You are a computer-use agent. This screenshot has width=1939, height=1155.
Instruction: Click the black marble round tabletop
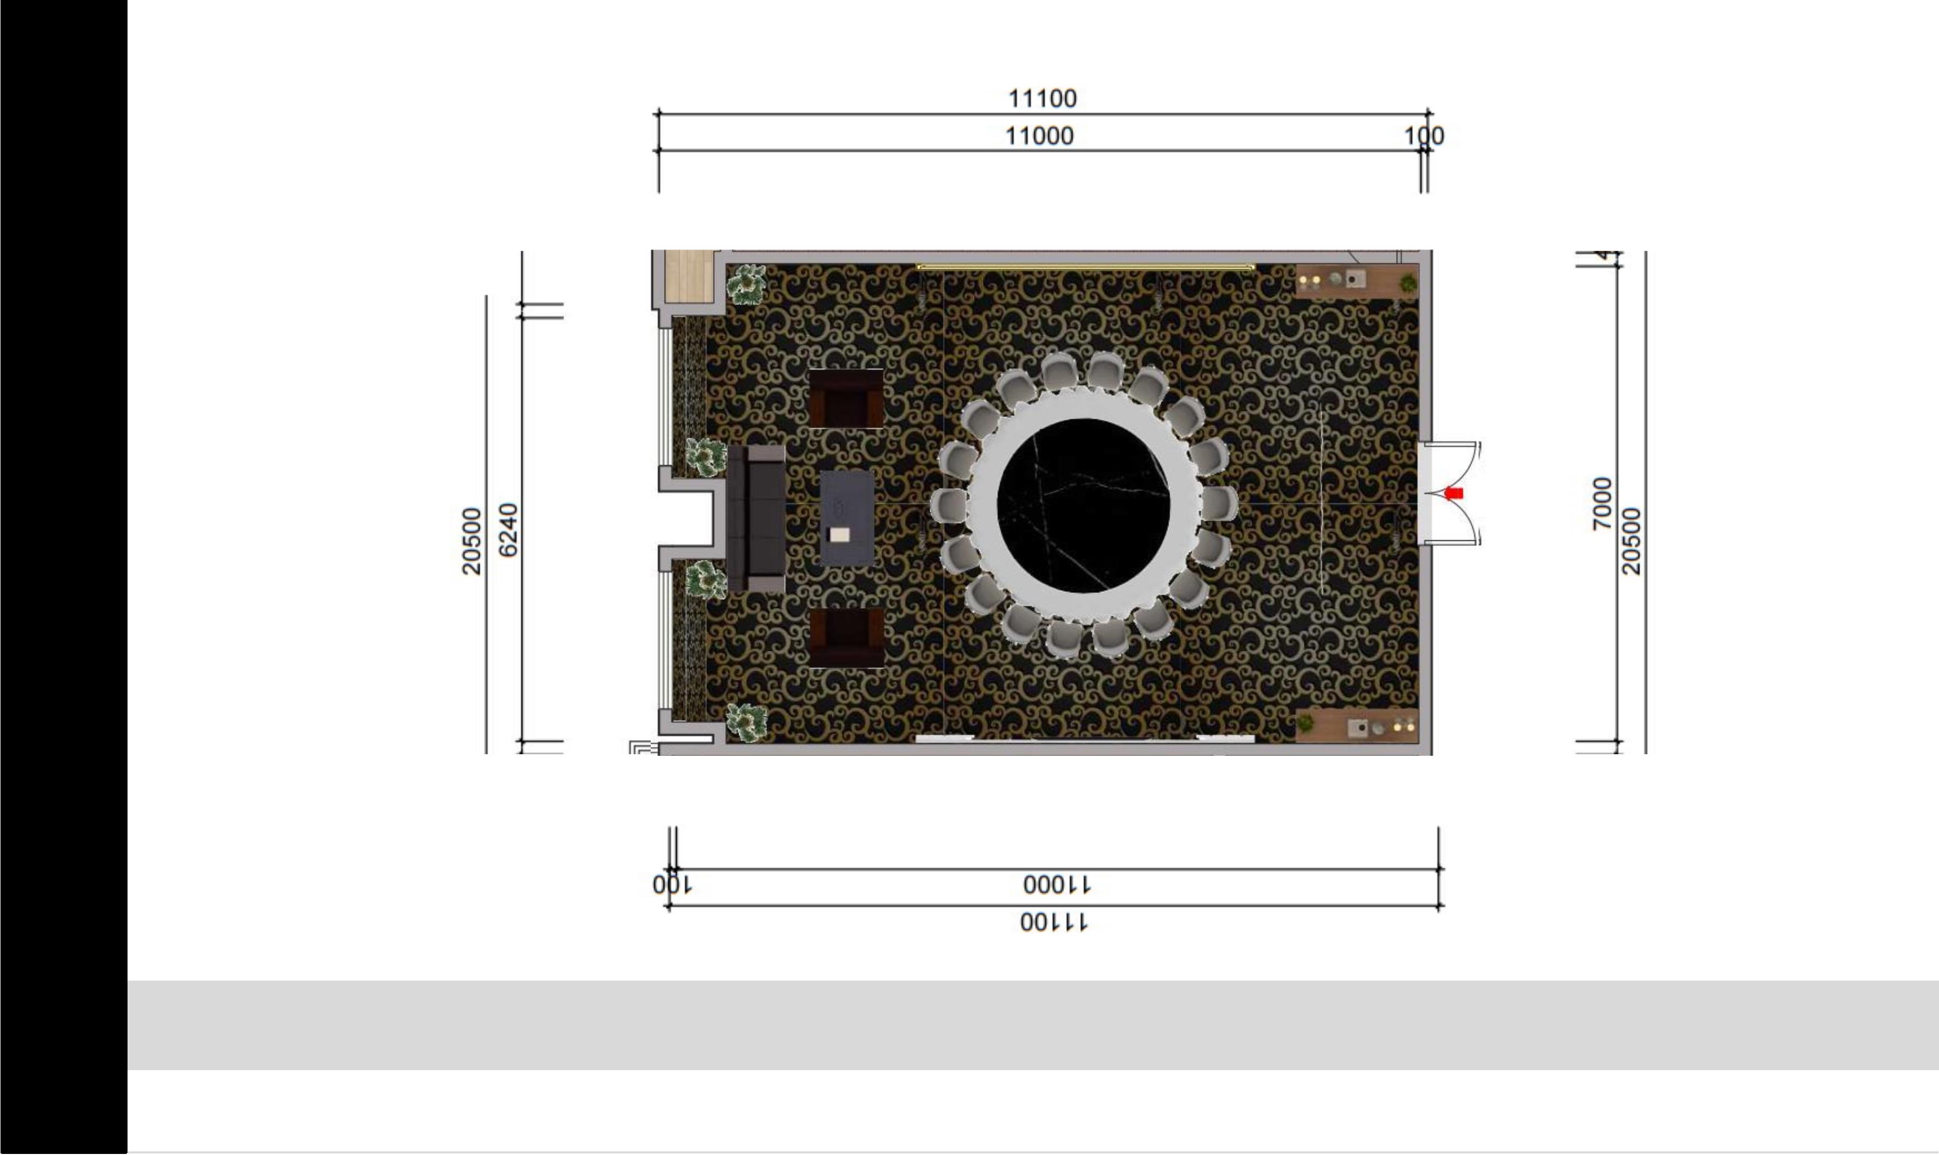(1083, 506)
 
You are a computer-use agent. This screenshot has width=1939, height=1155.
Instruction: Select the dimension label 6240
(508, 530)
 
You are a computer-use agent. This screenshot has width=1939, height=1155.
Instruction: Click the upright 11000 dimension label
(1040, 136)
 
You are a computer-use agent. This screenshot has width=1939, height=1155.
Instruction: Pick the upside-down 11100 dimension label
(1054, 923)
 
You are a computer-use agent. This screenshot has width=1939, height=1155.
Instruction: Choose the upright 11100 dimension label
(1043, 99)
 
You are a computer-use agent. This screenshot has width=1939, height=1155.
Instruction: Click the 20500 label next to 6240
(472, 541)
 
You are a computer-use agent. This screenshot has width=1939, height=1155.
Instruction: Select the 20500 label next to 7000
(1631, 541)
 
